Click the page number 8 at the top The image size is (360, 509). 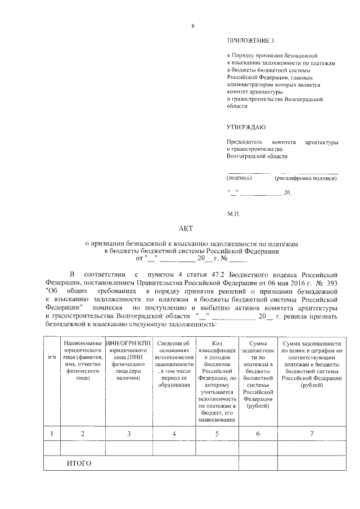point(192,26)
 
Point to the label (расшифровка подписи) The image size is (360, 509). point(305,178)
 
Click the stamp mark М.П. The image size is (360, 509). point(234,214)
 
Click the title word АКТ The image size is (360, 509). point(185,229)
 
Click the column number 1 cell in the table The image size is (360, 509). point(52,433)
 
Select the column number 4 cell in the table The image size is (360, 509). point(174,433)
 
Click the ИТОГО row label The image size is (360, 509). point(79,463)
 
